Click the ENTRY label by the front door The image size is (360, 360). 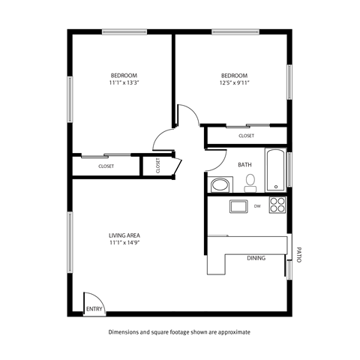[x=94, y=308]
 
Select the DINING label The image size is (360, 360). [x=256, y=257]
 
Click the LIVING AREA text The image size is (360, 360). [x=124, y=235]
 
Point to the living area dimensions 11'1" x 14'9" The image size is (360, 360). [x=124, y=242]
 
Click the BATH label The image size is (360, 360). [x=244, y=164]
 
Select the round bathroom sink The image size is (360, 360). [x=220, y=184]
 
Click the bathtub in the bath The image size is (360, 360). [x=276, y=172]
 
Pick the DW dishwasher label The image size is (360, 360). [x=256, y=205]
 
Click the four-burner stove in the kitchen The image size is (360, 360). [x=277, y=205]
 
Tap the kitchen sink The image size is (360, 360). [x=238, y=206]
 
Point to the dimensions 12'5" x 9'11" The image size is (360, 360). [x=234, y=83]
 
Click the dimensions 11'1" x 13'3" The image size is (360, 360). [x=124, y=83]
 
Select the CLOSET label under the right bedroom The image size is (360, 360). [x=246, y=136]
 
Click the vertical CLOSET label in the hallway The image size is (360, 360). [x=158, y=166]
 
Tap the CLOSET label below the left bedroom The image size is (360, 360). [x=106, y=166]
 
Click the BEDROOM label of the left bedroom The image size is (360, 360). [x=124, y=75]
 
